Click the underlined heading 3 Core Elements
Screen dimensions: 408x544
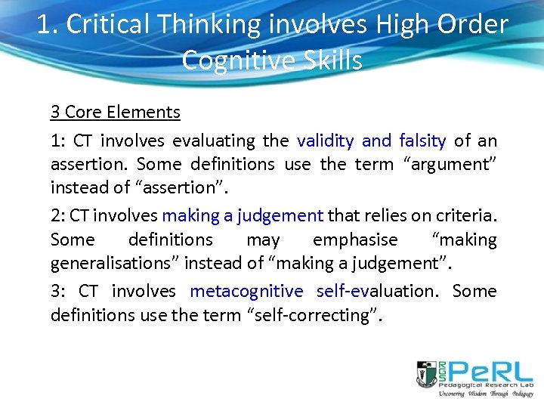click(x=115, y=113)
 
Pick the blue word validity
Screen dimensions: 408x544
click(x=326, y=141)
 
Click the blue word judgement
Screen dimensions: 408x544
click(x=280, y=215)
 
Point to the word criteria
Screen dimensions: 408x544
click(x=461, y=215)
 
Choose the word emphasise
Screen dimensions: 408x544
click(x=355, y=240)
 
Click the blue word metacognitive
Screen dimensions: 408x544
click(x=246, y=291)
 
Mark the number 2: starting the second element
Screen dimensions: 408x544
click(x=58, y=215)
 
